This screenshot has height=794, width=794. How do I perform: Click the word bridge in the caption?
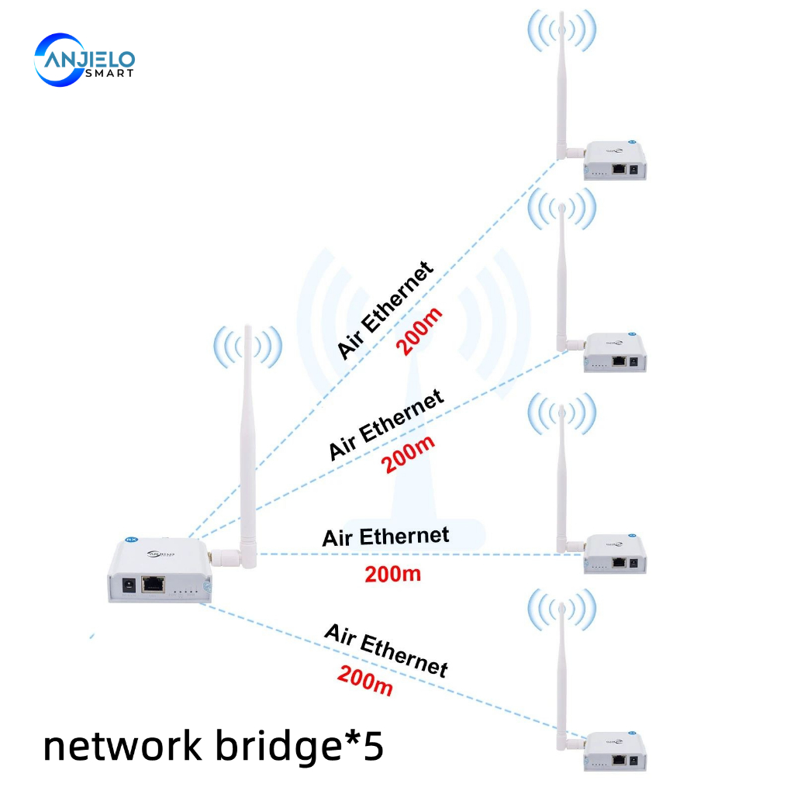click(x=271, y=747)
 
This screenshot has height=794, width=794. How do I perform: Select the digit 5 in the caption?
click(x=373, y=746)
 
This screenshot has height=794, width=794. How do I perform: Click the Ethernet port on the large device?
click(x=154, y=584)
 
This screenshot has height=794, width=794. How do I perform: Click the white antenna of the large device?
click(x=249, y=442)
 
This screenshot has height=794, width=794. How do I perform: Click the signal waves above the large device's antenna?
click(x=248, y=347)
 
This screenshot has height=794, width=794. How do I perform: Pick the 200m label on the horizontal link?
click(x=392, y=575)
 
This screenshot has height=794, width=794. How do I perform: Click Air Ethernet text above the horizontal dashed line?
click(x=385, y=537)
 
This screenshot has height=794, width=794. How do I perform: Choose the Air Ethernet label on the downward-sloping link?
click(x=386, y=650)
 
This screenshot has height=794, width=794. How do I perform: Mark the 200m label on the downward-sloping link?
click(x=364, y=680)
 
